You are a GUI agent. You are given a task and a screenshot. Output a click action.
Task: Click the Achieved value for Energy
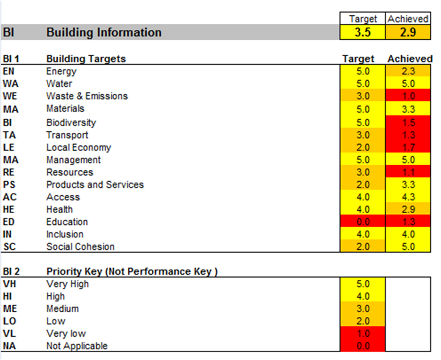[407, 72]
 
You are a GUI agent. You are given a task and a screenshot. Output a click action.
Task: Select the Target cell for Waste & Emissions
[362, 97]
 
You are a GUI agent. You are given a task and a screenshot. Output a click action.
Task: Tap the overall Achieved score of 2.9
[407, 32]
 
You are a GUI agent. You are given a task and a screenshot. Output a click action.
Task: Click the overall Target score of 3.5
[362, 32]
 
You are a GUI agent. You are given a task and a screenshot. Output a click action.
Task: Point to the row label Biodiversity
[71, 123]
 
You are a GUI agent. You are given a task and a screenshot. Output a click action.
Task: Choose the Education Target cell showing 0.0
[362, 222]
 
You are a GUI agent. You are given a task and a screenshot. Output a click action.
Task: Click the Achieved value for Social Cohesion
[407, 247]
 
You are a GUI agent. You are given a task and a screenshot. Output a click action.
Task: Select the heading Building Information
[104, 32]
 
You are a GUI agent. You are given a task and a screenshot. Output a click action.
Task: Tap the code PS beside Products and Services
[9, 185]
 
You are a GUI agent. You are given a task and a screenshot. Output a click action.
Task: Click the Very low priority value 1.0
[362, 334]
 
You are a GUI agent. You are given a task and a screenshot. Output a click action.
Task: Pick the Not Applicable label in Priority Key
[77, 346]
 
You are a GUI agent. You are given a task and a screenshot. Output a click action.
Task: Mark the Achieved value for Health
[407, 210]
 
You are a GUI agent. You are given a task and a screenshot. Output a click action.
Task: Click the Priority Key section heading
[132, 271]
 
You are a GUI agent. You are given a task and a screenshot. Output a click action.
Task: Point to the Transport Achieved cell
[407, 135]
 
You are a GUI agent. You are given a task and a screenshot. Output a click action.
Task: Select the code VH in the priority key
[9, 284]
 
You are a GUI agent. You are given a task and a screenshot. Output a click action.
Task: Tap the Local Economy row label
[78, 148]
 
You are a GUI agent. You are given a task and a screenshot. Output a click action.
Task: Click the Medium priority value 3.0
[362, 309]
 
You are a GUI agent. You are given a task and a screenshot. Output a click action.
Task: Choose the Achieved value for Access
[407, 197]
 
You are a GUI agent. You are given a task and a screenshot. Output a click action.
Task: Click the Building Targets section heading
[86, 58]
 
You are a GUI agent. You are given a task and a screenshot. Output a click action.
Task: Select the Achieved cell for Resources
[407, 173]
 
